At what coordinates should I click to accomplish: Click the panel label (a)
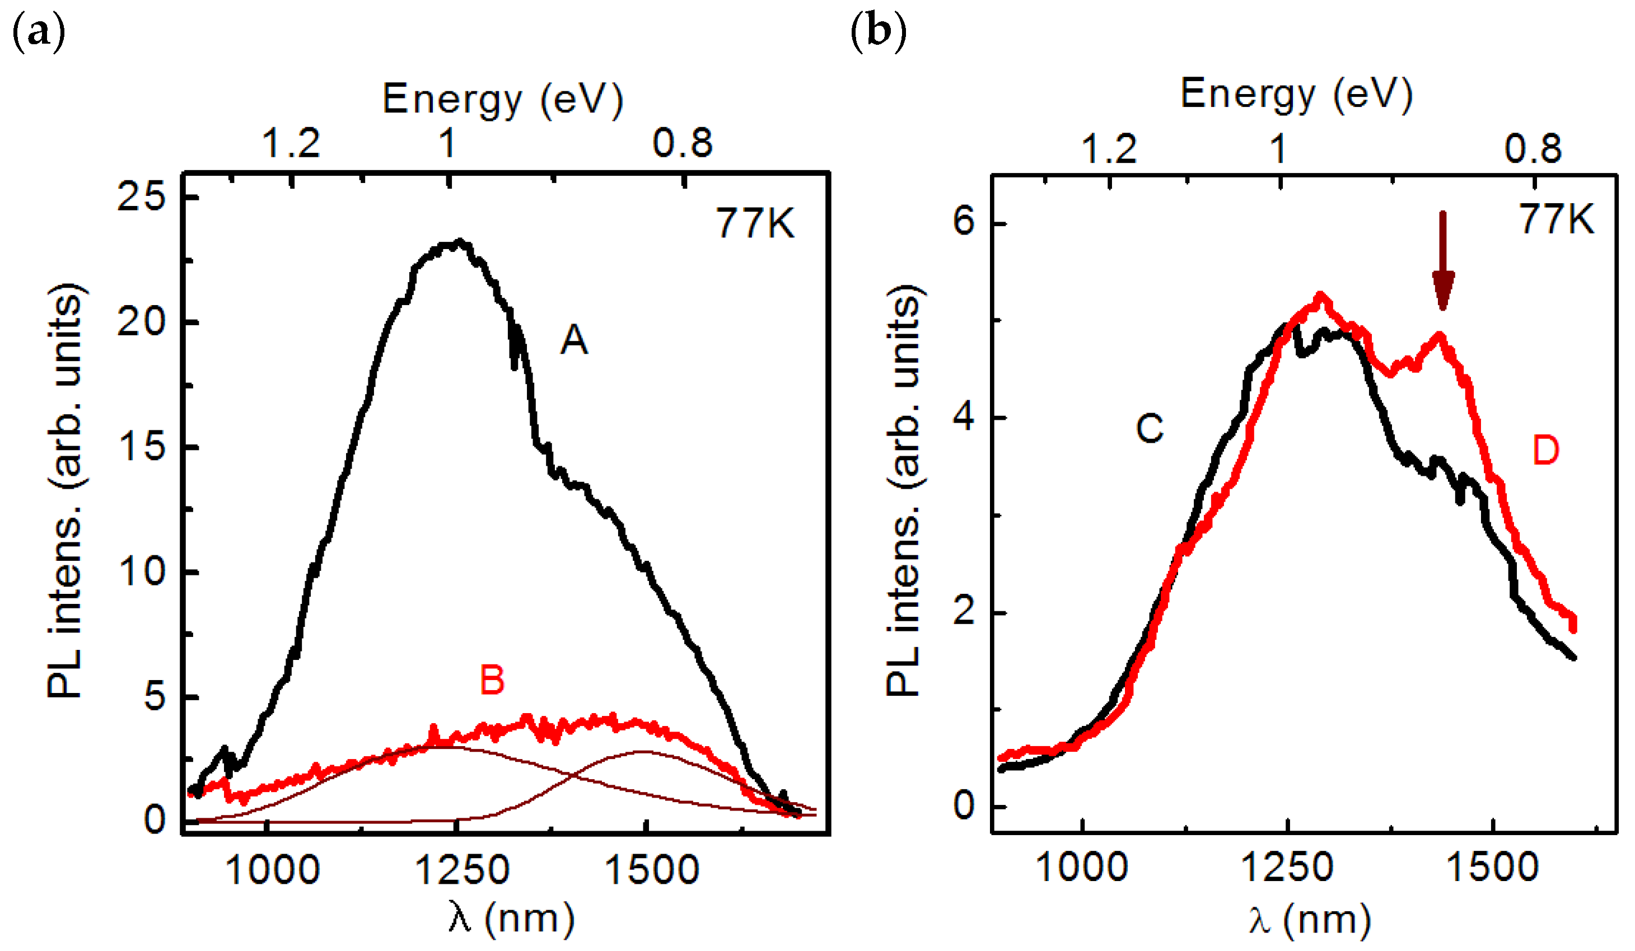39,32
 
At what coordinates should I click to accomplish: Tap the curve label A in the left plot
573,340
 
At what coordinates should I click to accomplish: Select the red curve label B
492,681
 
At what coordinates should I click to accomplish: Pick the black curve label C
1150,429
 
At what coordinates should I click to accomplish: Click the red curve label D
1545,450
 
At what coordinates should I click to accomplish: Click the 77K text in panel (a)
755,223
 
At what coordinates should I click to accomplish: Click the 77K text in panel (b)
1557,219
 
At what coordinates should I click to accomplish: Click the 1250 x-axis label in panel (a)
461,870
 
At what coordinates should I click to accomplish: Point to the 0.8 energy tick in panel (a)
683,143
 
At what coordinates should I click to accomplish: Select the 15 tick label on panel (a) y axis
142,446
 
